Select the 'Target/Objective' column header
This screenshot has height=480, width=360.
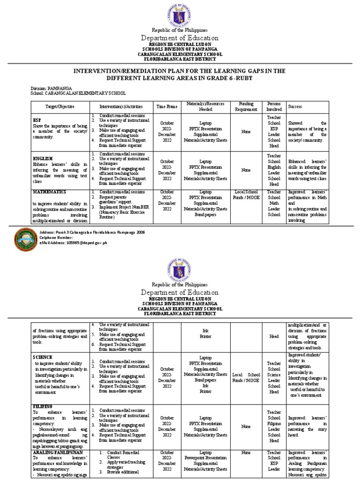[60, 107]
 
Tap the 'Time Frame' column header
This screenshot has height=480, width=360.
[167, 107]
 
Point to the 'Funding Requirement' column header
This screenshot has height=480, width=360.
[246, 106]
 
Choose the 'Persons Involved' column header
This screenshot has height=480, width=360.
[274, 106]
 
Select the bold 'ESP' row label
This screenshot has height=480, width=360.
[37, 120]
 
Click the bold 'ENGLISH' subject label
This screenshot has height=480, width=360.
[43, 159]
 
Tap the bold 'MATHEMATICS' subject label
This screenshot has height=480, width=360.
[49, 192]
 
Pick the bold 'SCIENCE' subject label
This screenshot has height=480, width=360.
[43, 357]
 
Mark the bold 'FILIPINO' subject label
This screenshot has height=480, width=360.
[43, 406]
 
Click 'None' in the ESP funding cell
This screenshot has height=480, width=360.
[246, 132]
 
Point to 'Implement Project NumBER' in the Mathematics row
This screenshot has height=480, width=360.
[124, 207]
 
